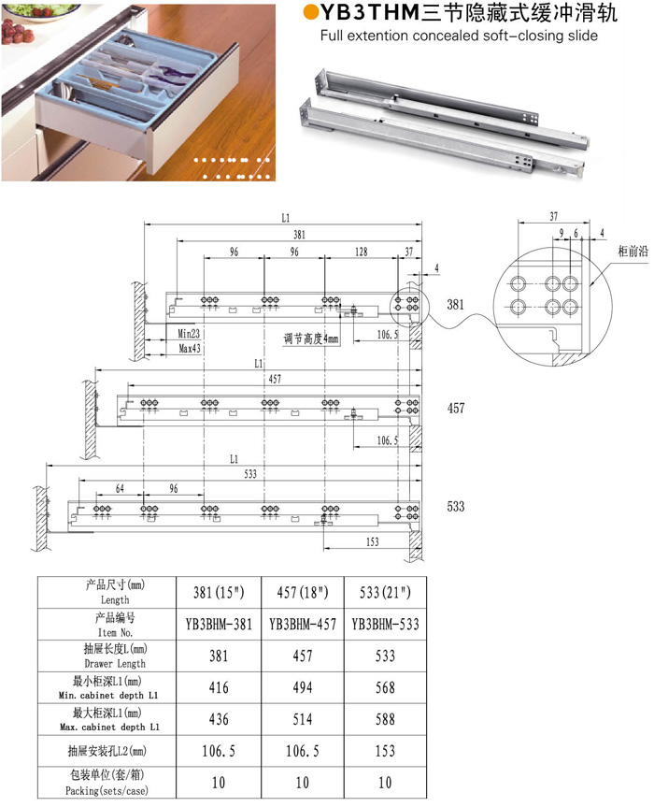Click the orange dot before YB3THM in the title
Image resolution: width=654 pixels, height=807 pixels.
pyautogui.click(x=310, y=12)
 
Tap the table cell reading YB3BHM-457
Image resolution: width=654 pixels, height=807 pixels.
pyautogui.click(x=303, y=625)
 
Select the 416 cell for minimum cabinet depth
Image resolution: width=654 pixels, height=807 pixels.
pyautogui.click(x=219, y=687)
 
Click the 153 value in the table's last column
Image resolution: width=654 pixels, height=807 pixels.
pyautogui.click(x=385, y=751)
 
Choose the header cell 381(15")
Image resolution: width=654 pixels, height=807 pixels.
pyautogui.click(x=219, y=592)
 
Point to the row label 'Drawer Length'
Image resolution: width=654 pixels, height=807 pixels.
pyautogui.click(x=115, y=663)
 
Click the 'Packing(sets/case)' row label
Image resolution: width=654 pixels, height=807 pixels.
pyautogui.click(x=107, y=790)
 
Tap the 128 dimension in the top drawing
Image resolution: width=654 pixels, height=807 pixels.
pyautogui.click(x=361, y=252)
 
